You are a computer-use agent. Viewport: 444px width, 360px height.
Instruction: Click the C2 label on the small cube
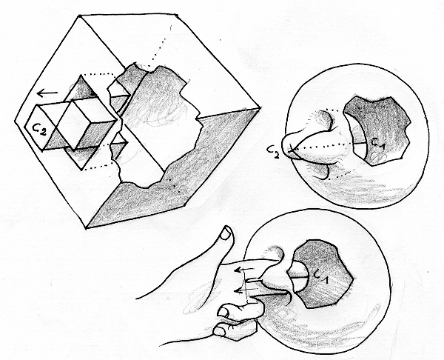pos(38,130)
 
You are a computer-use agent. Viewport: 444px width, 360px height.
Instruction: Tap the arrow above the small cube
pos(47,93)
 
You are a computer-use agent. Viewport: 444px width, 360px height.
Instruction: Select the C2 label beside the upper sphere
pos(274,152)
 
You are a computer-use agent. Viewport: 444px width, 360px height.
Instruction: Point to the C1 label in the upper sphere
pos(378,143)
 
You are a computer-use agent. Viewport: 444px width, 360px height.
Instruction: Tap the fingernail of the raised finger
pos(226,234)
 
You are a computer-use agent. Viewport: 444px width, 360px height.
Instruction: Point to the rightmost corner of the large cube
pos(260,108)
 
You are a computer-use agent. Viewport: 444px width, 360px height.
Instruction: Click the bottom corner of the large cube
pos(86,228)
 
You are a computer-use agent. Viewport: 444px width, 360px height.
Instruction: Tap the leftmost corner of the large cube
pos(15,121)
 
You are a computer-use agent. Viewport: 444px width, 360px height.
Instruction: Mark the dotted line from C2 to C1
pos(321,145)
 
